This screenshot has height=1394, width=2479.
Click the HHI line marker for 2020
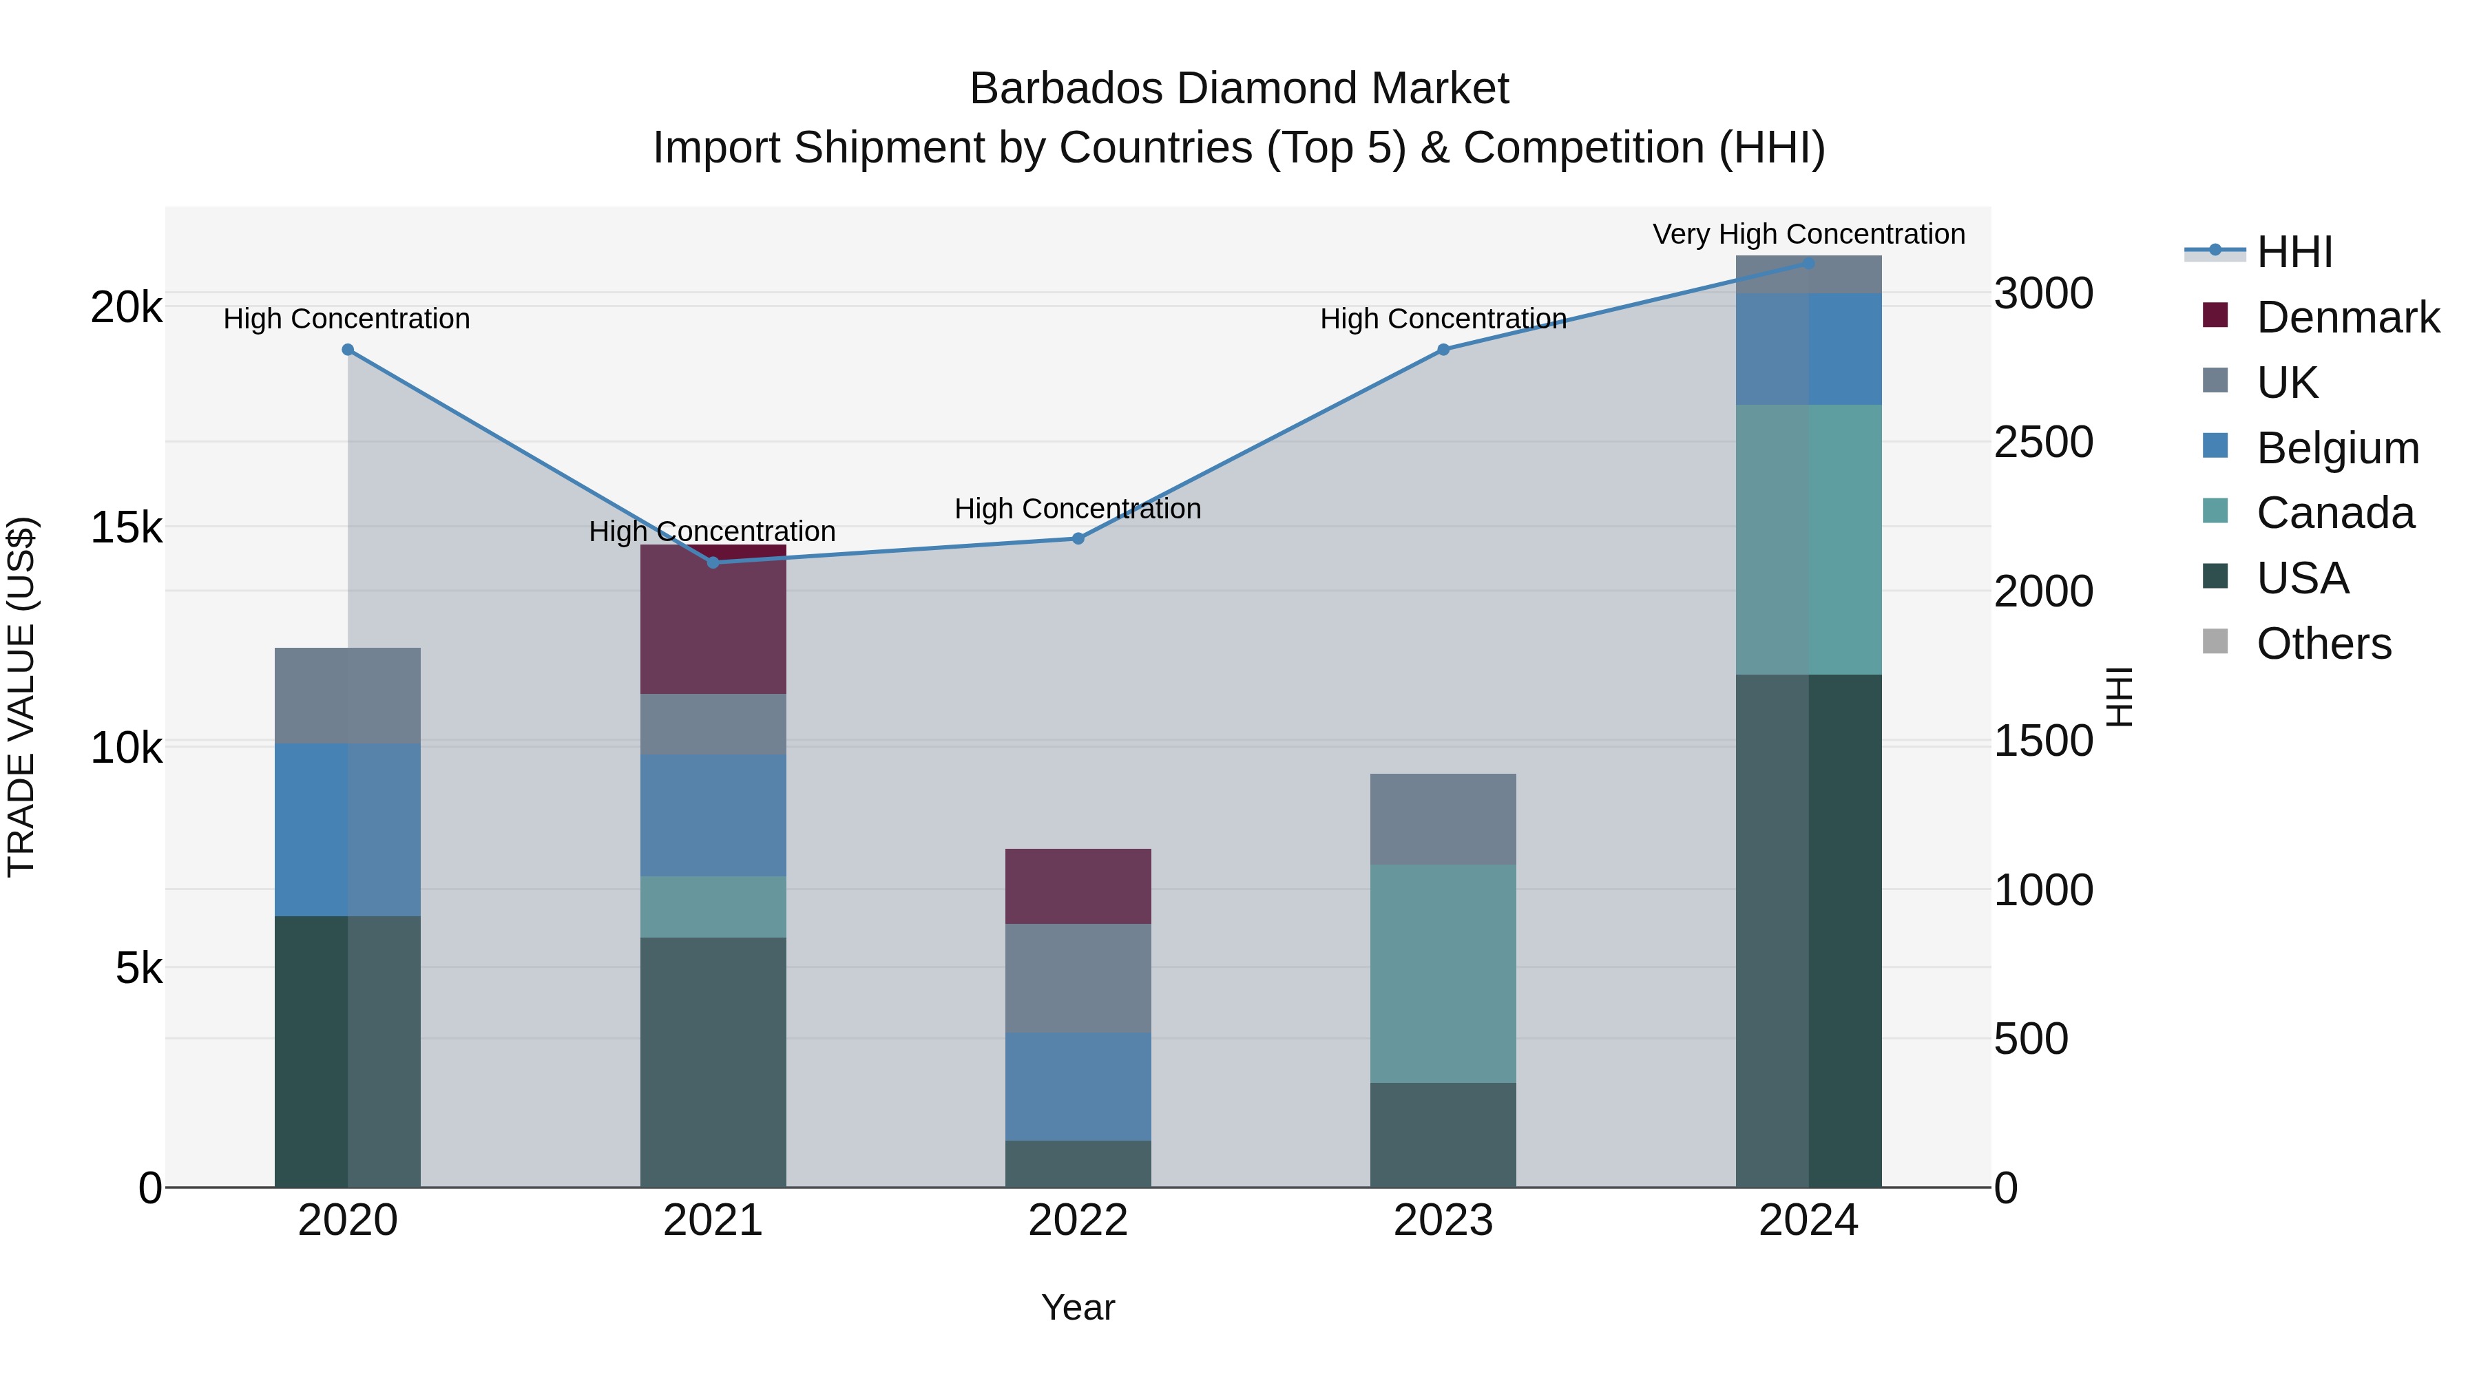(348, 350)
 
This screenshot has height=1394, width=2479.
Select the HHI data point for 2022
(1078, 539)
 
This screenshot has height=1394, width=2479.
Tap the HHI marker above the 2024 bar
(1808, 263)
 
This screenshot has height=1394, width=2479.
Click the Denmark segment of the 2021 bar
(713, 620)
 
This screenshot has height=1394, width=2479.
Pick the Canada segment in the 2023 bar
(1443, 973)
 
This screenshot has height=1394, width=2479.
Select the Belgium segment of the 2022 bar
(1078, 1086)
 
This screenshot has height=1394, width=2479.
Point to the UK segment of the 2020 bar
(348, 695)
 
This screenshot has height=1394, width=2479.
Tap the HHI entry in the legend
(2294, 251)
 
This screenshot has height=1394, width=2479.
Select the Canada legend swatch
(2215, 511)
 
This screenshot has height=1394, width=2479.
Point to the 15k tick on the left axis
(126, 527)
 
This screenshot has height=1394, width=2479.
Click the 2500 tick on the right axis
(2043, 443)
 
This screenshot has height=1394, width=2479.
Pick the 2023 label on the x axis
(1443, 1221)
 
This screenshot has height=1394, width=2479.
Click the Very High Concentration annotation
(1808, 234)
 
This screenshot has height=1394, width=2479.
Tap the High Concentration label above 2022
(1078, 508)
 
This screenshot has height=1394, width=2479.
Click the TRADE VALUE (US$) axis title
(21, 697)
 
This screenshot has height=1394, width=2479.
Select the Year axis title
(1078, 1307)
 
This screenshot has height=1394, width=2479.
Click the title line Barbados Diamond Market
(1239, 89)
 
